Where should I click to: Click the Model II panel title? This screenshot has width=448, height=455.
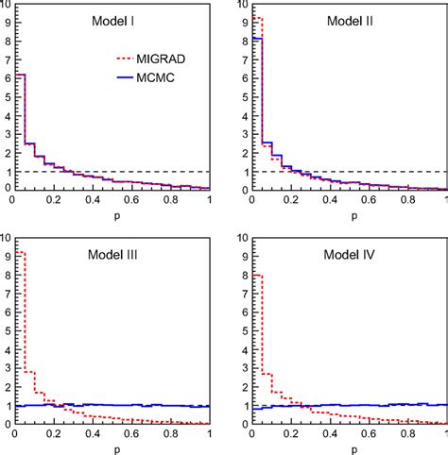(x=351, y=21)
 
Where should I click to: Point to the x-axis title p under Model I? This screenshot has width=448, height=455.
(x=112, y=215)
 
